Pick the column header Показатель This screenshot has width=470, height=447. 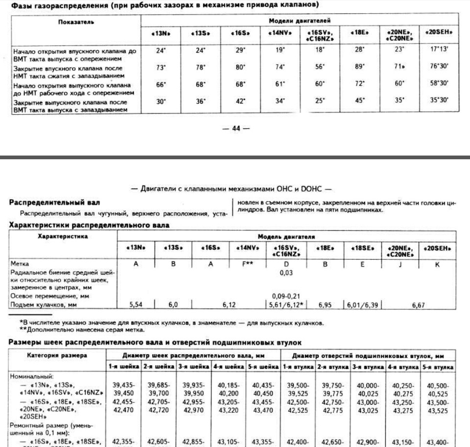tap(75, 23)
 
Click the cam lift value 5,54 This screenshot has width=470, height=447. tap(136, 304)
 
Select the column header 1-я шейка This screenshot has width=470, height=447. tap(124, 367)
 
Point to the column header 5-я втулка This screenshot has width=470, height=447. tap(439, 367)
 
